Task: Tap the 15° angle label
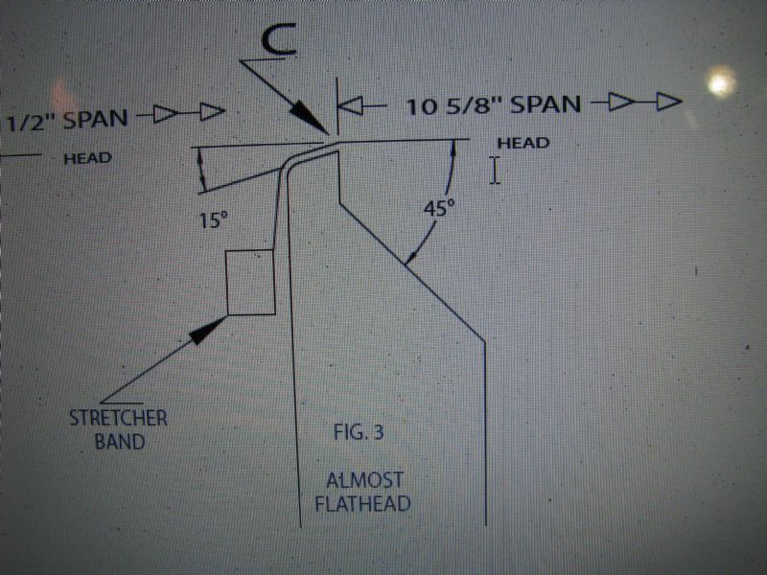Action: (214, 220)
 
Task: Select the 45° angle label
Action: (439, 209)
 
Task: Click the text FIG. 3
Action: (359, 432)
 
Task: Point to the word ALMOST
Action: (365, 480)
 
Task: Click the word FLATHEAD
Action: (363, 504)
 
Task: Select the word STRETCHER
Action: (118, 418)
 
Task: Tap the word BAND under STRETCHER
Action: (119, 442)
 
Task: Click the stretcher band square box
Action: (250, 282)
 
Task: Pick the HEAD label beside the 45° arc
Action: (523, 143)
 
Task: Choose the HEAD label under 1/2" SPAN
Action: (87, 158)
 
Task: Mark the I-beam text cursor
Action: (495, 171)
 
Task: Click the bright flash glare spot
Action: (720, 83)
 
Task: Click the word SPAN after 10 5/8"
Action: (545, 103)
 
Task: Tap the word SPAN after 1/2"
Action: (95, 119)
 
